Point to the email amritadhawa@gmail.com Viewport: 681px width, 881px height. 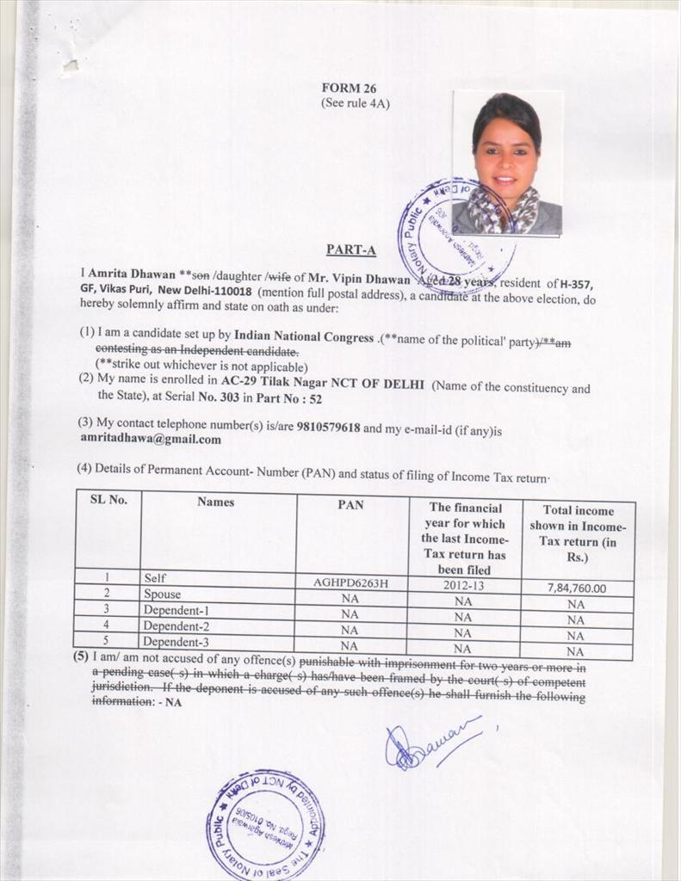point(151,439)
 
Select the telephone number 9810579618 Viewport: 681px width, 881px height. point(328,427)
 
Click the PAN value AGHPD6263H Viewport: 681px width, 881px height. point(351,582)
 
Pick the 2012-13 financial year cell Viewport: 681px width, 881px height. point(463,583)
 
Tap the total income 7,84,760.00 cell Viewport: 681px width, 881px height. point(577,588)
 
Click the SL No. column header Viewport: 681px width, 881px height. point(108,500)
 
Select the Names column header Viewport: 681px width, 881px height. point(215,502)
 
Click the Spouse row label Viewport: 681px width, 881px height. point(162,595)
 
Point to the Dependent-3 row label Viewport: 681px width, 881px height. point(176,641)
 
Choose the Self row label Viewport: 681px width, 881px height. point(155,579)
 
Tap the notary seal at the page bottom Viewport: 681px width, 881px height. point(265,824)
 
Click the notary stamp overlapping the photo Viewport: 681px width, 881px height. point(455,237)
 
